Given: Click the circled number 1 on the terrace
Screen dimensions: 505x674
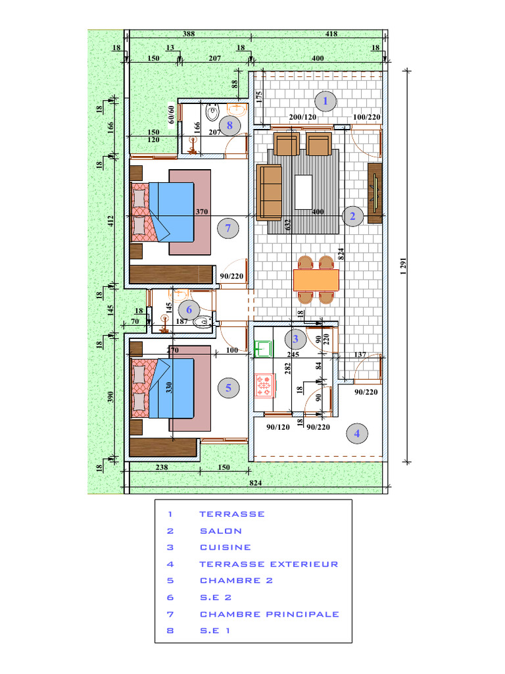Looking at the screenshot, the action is pos(325,101).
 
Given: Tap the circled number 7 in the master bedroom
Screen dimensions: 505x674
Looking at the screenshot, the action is pos(228,228).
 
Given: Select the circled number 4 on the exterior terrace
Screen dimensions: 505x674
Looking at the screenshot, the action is pos(357,433).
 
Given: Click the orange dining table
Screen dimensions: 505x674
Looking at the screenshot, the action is pos(316,280).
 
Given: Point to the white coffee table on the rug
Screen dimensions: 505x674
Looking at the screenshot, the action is pos(303,192).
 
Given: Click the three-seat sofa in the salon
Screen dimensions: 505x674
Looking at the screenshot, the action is pos(269,192).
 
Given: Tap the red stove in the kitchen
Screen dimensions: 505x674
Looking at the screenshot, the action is pos(264,386).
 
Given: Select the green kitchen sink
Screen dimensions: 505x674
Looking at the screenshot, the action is pos(263,349).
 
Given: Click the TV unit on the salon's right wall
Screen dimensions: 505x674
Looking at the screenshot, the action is pos(375,193).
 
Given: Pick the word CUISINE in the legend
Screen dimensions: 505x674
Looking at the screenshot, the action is pos(226,547).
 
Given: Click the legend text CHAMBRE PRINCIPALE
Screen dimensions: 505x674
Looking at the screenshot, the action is pos(270,614).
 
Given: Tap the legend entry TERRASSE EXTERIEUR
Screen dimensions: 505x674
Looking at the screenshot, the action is pos(269,564).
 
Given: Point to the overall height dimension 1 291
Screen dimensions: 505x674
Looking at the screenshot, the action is pos(403,267).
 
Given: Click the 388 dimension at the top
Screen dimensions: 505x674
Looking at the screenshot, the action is pos(189,34).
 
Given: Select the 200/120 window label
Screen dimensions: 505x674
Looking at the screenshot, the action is pos(302,117).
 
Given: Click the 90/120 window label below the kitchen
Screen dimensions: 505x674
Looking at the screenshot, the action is pos(278,427).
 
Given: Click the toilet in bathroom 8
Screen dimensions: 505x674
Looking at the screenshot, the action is pos(212,113).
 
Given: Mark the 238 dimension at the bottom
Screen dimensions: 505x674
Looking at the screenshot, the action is pos(162,467).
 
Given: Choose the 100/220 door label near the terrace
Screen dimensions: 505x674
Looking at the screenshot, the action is pos(367,117).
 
